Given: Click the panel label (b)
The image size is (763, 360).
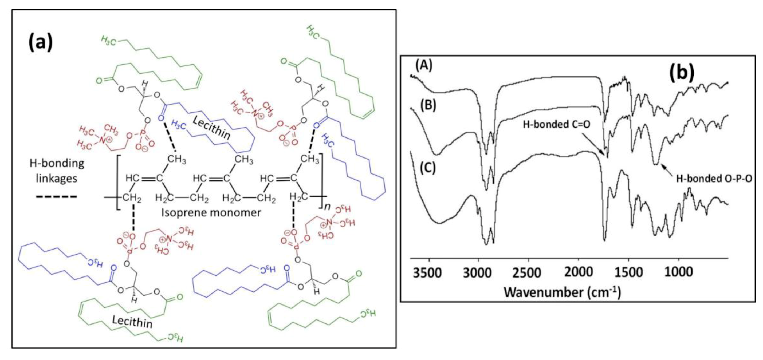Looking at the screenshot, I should (682, 72).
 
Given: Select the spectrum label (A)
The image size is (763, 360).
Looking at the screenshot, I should (424, 65).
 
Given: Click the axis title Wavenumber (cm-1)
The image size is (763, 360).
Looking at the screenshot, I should (563, 292).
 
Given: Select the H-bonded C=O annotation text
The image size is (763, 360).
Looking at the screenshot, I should (557, 125).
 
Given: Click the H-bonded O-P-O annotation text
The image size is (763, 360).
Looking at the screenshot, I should (714, 179).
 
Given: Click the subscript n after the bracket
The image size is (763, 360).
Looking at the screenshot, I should (327, 206).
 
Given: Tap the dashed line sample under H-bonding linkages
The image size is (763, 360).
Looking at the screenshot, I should (56, 196).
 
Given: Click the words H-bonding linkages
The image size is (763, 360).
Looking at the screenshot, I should (57, 171).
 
